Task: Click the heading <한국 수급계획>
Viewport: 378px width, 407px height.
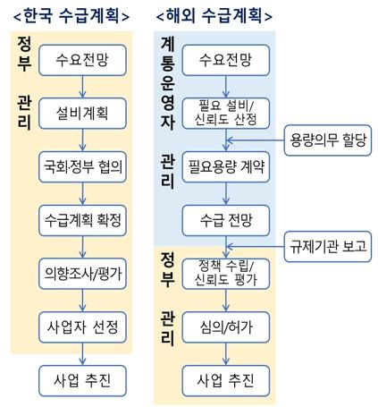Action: [x=71, y=15]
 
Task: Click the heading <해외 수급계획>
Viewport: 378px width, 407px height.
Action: [x=214, y=15]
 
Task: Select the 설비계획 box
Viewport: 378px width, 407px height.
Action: [x=82, y=114]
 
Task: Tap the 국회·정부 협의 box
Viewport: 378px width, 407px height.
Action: [x=82, y=166]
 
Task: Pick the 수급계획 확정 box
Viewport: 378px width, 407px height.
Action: [x=82, y=220]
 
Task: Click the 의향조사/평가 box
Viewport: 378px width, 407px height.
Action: [x=82, y=274]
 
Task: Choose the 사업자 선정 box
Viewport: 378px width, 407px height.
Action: [x=82, y=327]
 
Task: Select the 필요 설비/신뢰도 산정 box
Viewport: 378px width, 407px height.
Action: [x=226, y=114]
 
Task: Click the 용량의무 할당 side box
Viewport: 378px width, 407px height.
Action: [x=328, y=140]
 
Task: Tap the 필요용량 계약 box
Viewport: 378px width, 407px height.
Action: [x=226, y=166]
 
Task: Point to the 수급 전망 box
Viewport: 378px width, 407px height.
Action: [x=226, y=220]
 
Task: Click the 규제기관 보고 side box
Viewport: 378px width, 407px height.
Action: [x=328, y=247]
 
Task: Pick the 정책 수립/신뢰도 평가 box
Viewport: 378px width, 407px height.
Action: [x=226, y=274]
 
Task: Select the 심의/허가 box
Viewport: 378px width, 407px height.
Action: [x=226, y=327]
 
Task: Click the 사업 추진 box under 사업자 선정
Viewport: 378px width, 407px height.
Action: [x=82, y=381]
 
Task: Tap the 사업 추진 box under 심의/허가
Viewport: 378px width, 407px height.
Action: [x=226, y=381]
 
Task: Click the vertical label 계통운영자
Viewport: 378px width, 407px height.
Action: [x=167, y=84]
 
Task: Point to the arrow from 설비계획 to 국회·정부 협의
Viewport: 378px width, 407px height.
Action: [x=82, y=140]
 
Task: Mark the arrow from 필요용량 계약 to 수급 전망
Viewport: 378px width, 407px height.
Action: [x=226, y=194]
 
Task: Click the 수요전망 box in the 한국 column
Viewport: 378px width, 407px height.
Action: [x=82, y=60]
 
